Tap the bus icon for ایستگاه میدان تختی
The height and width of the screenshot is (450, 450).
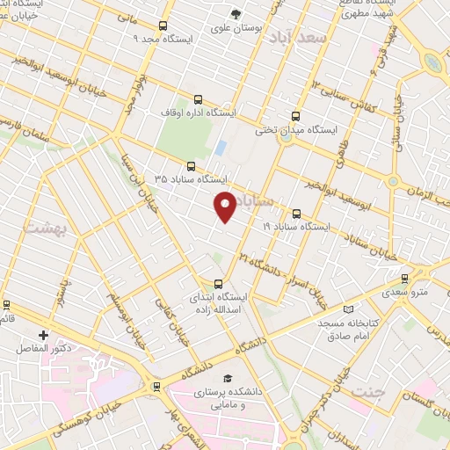[x=294, y=115]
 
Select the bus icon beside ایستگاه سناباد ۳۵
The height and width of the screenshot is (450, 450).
[x=192, y=165]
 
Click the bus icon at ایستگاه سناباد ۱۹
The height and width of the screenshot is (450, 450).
[x=295, y=213]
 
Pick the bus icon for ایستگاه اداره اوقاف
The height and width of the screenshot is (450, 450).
[x=197, y=99]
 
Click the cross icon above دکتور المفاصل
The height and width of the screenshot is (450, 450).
[x=44, y=335]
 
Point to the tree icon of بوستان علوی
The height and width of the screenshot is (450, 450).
[x=236, y=13]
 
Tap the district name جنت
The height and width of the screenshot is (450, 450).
[x=367, y=388]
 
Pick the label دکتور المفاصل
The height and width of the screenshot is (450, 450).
[x=44, y=349]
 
